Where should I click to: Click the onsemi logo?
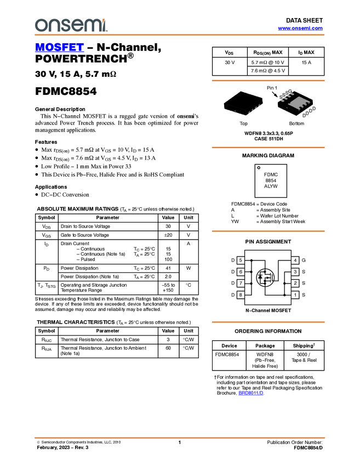(71, 25)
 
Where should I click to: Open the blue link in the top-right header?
(300, 29)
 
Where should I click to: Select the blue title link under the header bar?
(59, 48)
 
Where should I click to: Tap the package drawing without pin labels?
(243, 103)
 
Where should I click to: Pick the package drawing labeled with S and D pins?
(296, 103)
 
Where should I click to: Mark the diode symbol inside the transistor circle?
(260, 277)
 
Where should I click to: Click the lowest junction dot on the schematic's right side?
(284, 295)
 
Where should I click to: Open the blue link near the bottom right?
(251, 393)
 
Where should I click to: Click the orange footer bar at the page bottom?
(179, 438)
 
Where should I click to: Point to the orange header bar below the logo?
(179, 35)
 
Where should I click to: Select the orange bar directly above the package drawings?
(268, 81)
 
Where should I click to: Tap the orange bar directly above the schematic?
(268, 231)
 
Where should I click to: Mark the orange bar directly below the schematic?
(268, 322)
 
